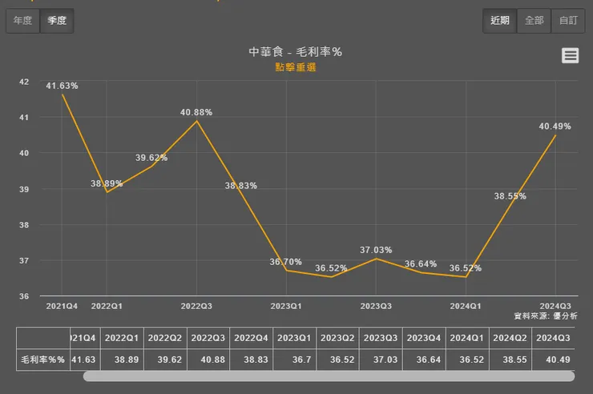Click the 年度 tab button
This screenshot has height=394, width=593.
22,21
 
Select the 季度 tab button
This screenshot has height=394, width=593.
57,21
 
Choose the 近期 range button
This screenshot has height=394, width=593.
500,21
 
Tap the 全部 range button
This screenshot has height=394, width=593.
535,21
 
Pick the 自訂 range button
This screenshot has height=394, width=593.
568,21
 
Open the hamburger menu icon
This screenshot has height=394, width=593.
570,55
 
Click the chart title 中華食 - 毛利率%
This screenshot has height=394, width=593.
296,52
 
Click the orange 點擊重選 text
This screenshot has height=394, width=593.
296,67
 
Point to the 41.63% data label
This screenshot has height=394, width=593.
62,86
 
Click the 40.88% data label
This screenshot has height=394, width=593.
196,112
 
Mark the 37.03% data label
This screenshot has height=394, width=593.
376,250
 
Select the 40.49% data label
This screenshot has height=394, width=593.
555,126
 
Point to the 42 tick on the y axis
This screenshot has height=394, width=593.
23,82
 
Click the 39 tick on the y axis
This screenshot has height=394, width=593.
23,189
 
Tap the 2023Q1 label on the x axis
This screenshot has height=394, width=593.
286,306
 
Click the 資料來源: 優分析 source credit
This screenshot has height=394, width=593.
542,316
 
